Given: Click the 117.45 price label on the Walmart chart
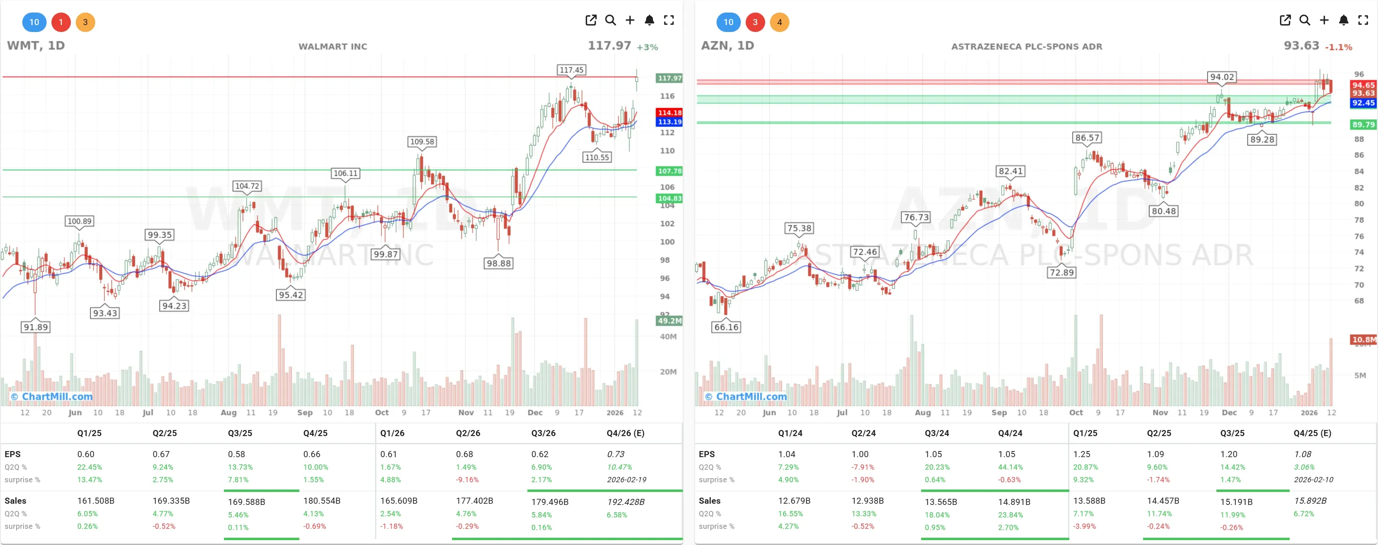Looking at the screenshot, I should point(571,70).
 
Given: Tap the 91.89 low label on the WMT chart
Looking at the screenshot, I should point(35,327).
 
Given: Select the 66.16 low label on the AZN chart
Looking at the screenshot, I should point(726,327).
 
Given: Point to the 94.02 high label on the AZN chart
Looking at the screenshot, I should point(1222,77).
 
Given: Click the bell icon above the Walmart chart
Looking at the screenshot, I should point(649,20).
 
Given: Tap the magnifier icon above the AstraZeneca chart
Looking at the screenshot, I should point(1304,20).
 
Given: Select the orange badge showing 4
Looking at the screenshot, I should point(779,22).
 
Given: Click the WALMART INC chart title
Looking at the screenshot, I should point(332,47).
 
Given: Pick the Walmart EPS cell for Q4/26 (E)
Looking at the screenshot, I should point(615,454).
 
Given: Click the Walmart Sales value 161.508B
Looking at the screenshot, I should point(96,500).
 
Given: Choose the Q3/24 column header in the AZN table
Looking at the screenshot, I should point(936,433).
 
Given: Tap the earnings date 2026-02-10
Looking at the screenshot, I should point(1313,480).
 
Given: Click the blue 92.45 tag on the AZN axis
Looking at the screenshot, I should point(1363,103).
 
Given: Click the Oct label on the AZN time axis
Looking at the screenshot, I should point(1075,412).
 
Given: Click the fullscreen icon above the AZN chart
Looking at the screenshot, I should point(1363,20).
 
